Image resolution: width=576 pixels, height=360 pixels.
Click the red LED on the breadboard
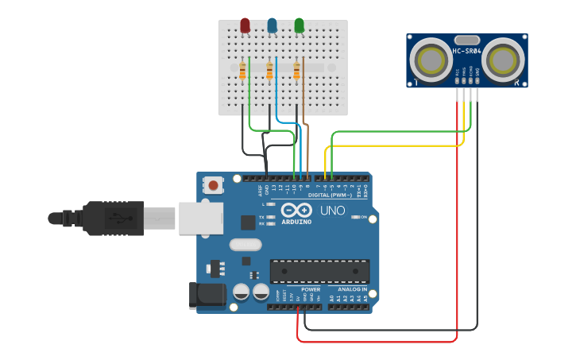[245, 26]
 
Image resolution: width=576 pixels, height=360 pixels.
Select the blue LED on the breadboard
[273, 26]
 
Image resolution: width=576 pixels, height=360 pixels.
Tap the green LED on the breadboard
[300, 26]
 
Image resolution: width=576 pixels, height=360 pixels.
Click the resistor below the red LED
[242, 72]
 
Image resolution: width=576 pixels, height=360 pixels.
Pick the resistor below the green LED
[296, 72]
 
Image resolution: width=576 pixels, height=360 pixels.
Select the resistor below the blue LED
[269, 72]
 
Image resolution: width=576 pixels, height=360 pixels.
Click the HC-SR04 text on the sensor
[466, 52]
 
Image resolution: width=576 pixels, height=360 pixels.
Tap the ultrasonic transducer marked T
[431, 60]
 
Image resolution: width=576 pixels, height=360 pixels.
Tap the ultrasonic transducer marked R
[502, 60]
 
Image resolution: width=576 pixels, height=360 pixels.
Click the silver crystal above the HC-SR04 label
[466, 40]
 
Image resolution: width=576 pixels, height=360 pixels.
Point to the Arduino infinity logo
[296, 211]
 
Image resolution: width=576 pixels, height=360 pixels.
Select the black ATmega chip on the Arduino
[319, 271]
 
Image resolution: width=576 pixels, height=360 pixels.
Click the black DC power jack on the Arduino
[206, 296]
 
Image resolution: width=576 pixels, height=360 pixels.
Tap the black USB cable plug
[111, 218]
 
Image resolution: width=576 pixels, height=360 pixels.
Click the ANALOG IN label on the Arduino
[352, 289]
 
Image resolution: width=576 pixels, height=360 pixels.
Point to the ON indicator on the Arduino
[362, 217]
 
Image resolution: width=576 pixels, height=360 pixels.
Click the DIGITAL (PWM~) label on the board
[329, 195]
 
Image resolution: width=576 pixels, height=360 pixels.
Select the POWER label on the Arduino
[311, 289]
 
